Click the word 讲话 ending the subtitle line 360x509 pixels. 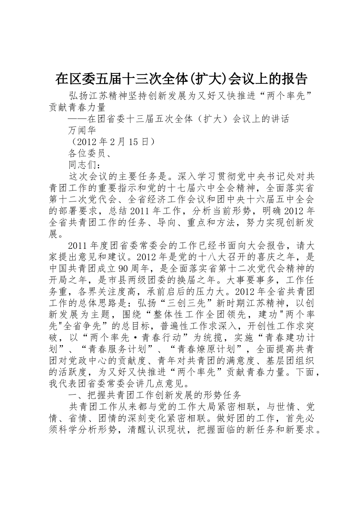tap(280, 119)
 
